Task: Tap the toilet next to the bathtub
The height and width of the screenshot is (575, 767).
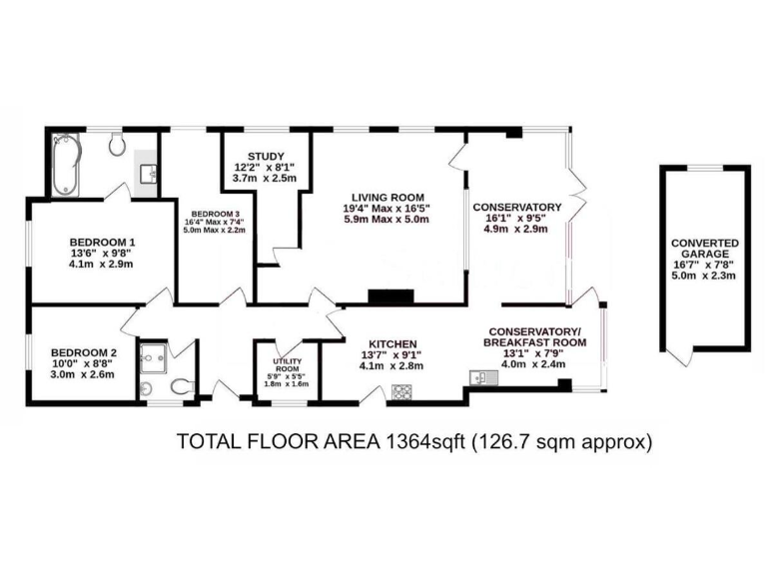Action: [117, 147]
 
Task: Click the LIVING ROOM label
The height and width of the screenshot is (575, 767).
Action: [394, 197]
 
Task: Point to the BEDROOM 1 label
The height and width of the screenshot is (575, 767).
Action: [102, 242]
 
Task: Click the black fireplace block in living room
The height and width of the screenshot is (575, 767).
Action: [390, 296]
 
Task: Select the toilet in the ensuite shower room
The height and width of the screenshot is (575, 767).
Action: [181, 385]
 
